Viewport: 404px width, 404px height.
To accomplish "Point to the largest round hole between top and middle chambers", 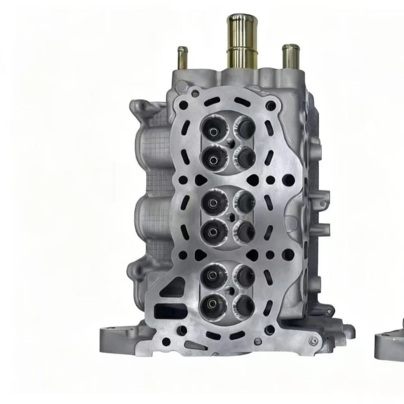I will [287, 179].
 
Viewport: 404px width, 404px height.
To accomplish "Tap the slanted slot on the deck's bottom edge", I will [192, 346].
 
